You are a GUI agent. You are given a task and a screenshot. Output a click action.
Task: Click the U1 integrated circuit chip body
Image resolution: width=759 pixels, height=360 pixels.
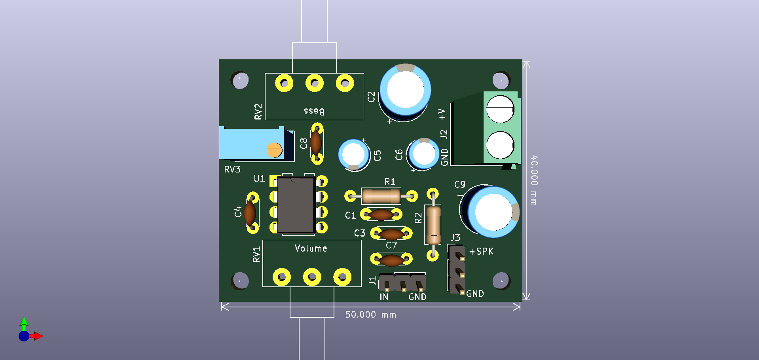pos(296,205)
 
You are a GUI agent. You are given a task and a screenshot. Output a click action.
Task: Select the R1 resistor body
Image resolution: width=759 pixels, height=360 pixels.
pos(381,196)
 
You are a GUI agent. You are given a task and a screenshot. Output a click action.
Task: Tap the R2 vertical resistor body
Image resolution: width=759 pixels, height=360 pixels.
pos(433,225)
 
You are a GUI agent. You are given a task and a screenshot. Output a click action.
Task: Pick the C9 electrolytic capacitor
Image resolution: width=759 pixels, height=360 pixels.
pos(493,212)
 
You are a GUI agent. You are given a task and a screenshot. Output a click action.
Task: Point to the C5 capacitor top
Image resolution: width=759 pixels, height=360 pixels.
pos(353,154)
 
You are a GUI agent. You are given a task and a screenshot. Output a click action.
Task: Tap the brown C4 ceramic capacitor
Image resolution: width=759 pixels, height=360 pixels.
pos(250,213)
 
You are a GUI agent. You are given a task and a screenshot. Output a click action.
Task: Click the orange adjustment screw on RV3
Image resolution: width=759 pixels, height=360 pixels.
pos(274,150)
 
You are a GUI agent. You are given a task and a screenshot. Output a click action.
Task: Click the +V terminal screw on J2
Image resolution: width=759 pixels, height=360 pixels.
pos(500,109)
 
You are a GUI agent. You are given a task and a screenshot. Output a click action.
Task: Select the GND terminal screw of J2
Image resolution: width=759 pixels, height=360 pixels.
pos(500,144)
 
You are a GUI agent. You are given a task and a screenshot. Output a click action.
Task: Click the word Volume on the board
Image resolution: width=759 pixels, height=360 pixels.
pos(311,248)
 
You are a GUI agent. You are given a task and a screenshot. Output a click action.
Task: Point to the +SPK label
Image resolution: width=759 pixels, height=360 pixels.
pos(481,252)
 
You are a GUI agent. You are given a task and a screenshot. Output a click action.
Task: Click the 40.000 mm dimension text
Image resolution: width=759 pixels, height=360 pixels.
pos(534,180)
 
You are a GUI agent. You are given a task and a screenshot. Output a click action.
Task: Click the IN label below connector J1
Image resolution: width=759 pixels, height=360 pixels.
pos(384,297)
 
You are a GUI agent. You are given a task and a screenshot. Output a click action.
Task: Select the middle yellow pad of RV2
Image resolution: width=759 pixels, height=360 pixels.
pos(314,83)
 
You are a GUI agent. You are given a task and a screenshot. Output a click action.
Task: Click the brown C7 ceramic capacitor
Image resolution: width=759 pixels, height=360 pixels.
pos(391,260)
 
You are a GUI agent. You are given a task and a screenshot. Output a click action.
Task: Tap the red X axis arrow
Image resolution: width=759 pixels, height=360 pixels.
pos(38,336)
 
